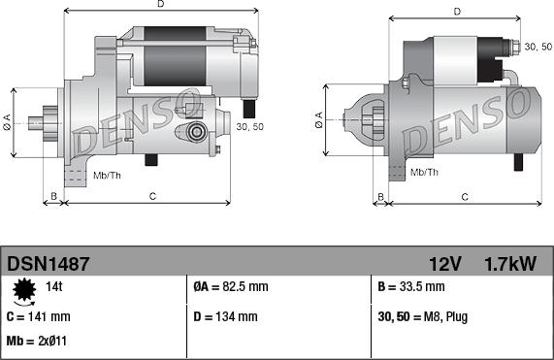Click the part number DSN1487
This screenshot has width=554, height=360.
coord(49,264)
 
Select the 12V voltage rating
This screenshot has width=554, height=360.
coord(444,264)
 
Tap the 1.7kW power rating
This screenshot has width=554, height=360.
coord(510,264)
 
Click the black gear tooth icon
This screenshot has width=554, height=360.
coord(24,289)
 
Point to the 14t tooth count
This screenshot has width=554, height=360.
coord(54,286)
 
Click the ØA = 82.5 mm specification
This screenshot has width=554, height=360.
coord(231,286)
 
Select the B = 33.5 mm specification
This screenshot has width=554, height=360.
coord(411,286)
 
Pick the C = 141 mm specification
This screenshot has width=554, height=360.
coord(39,316)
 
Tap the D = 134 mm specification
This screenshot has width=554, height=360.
coord(226,316)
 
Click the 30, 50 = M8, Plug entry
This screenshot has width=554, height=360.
coord(423,317)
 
